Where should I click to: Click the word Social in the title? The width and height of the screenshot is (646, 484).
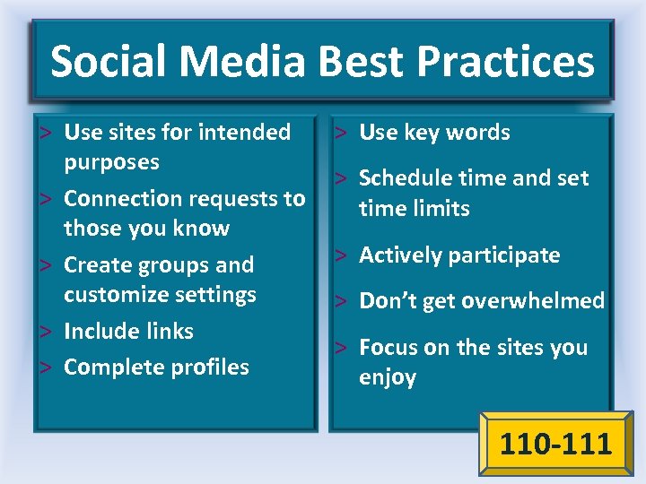[108, 62]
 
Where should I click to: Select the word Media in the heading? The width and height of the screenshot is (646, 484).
[244, 62]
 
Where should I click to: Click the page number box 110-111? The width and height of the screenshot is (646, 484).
[555, 444]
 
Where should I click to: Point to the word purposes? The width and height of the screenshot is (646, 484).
[111, 163]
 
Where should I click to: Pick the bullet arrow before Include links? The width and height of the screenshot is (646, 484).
[48, 331]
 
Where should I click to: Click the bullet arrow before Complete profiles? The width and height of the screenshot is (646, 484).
[48, 367]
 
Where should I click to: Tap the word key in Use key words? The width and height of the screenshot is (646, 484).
[419, 133]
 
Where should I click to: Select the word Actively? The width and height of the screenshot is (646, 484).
[400, 255]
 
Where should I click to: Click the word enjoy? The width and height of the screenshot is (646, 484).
[388, 377]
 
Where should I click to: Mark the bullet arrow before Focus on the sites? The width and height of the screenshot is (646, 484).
[342, 347]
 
